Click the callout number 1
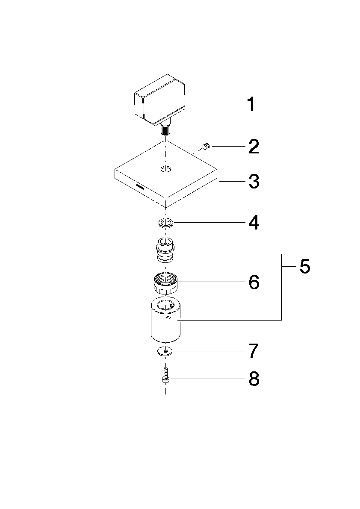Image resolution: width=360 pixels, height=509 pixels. point(251,105)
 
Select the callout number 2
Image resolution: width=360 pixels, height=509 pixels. point(254,147)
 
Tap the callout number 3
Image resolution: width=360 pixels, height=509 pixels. point(254,182)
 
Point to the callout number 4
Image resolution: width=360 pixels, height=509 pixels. point(254,223)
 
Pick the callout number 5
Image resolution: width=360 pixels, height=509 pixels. point(305,267)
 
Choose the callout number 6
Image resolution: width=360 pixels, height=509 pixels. point(254,282)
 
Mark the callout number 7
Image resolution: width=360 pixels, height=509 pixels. point(254,351)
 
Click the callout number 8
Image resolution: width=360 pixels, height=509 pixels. point(254,379)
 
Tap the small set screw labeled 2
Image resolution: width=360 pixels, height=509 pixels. point(206,147)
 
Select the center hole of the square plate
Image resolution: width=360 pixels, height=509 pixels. point(165,169)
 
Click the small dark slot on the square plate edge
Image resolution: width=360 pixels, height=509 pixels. point(140,187)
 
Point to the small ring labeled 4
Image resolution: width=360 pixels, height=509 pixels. point(165,223)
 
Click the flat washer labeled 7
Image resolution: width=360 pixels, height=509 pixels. point(165,351)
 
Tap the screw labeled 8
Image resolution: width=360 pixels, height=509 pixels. point(165,376)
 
